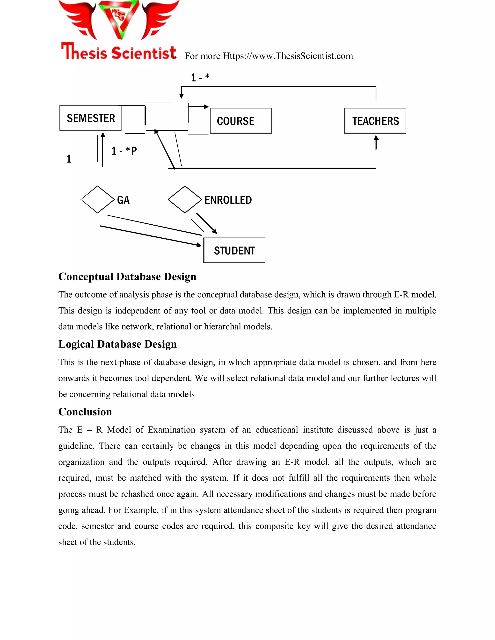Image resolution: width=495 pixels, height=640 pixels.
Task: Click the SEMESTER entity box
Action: tap(90, 118)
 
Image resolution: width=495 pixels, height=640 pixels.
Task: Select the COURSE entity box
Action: tap(241, 121)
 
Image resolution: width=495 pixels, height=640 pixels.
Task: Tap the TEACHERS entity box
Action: tap(375, 121)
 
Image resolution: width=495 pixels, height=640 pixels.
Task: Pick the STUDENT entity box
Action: tap(234, 250)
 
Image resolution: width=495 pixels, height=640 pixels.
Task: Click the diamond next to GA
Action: tap(97, 199)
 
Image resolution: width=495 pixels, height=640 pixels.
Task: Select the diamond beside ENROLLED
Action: tap(184, 199)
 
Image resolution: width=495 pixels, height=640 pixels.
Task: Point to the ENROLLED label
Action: tap(228, 200)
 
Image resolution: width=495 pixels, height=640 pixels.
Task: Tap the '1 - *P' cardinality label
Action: tap(124, 151)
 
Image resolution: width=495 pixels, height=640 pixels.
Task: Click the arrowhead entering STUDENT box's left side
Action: tap(199, 245)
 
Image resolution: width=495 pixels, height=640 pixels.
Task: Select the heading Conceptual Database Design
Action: tap(127, 277)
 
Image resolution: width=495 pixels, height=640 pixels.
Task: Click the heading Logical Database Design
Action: tap(117, 344)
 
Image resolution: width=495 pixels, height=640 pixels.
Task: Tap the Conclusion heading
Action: tap(85, 412)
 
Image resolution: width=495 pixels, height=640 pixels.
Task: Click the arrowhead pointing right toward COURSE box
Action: tap(206, 107)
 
